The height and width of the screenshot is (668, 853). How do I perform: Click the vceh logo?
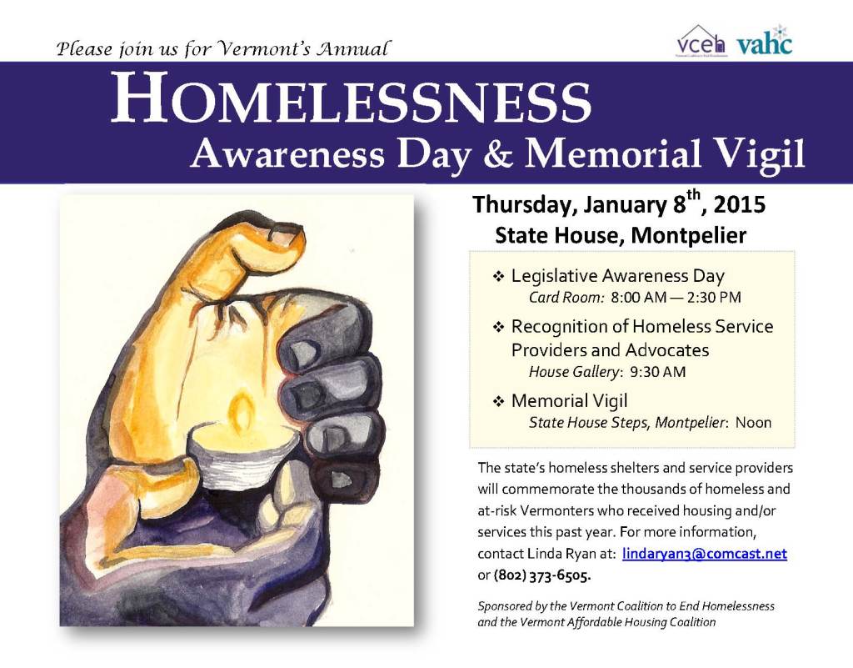click(701, 42)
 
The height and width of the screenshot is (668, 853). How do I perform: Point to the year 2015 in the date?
click(740, 204)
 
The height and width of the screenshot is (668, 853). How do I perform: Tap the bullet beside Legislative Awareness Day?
click(498, 276)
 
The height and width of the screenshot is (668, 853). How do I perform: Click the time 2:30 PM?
click(714, 297)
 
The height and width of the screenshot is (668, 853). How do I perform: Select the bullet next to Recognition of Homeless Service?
click(498, 327)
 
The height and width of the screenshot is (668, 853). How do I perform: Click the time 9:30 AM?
click(658, 373)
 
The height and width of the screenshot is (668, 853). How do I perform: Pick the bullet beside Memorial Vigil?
click(498, 402)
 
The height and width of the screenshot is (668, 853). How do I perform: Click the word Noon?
click(753, 423)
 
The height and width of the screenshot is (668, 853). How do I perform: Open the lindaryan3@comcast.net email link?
click(705, 554)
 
